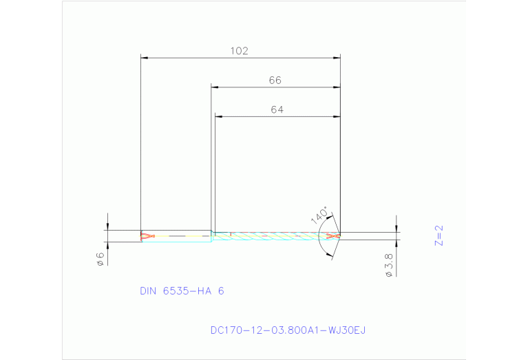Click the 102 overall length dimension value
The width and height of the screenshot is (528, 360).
click(x=239, y=50)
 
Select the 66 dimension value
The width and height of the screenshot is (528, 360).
click(x=275, y=81)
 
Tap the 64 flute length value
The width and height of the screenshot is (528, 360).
click(x=277, y=109)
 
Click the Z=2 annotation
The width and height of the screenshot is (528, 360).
click(x=439, y=235)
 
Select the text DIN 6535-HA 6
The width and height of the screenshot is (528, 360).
click(x=182, y=291)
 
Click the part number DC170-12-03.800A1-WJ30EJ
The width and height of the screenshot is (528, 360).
click(x=288, y=330)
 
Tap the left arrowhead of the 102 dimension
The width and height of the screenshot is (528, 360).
click(x=144, y=58)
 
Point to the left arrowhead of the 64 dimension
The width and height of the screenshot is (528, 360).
click(x=218, y=117)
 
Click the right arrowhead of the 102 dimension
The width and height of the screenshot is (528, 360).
click(x=337, y=58)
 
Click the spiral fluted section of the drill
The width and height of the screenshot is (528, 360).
click(x=275, y=236)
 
